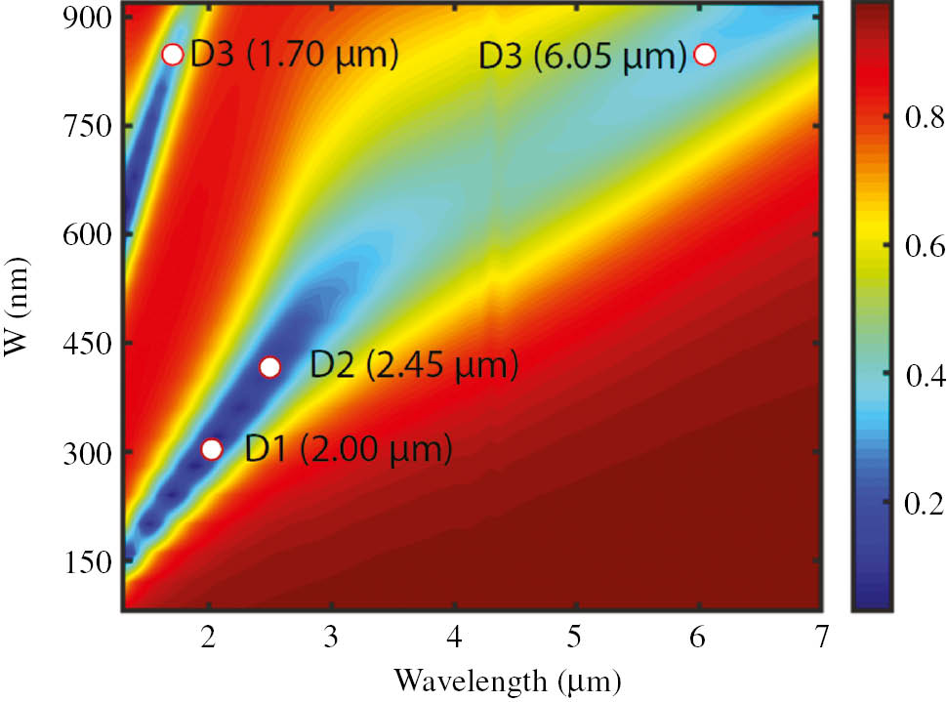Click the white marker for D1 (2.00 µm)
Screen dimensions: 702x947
[x=212, y=449]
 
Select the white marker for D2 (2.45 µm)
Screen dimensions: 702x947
[x=270, y=367]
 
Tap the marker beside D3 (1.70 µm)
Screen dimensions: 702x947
[x=173, y=54]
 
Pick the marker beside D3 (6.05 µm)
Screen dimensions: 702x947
[x=705, y=54]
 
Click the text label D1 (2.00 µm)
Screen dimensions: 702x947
[x=349, y=449]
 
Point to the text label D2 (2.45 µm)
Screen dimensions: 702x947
[x=413, y=366]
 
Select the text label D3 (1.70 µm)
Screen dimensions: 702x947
[x=295, y=54]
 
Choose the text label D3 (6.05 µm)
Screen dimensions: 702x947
[x=583, y=56]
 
